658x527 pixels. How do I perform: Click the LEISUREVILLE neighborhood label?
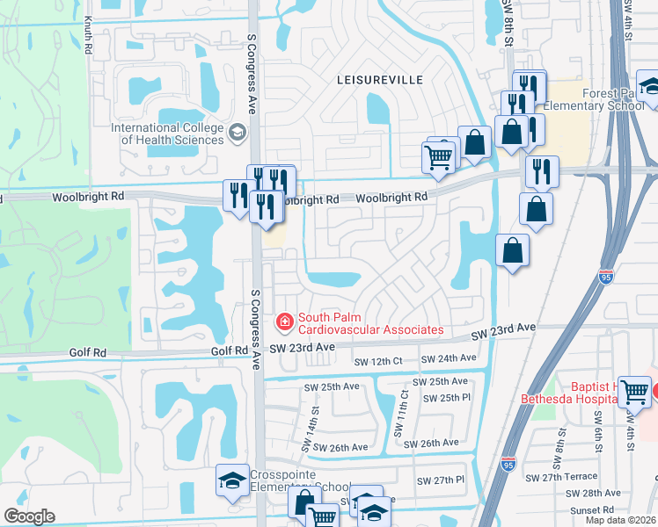380,80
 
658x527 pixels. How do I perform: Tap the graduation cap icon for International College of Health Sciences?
236,133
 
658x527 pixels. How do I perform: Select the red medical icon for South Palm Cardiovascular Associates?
284,323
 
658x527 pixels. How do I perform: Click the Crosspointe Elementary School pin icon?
232,481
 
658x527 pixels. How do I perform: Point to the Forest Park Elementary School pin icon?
650,88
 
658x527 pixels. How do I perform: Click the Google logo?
29,516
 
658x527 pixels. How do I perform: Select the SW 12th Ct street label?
377,362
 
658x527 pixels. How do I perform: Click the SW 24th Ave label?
449,358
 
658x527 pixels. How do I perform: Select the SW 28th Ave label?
602,494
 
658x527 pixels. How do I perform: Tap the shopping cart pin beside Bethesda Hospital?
633,391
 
